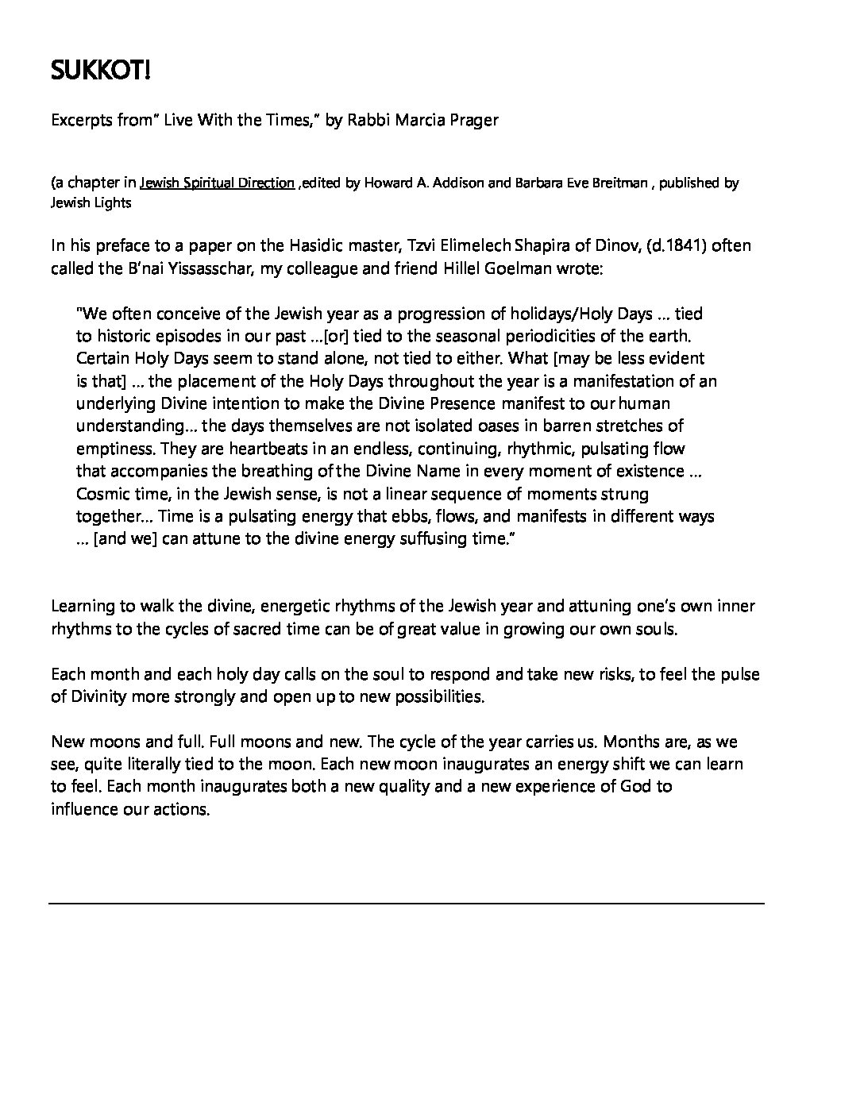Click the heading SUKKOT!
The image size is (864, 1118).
(100, 72)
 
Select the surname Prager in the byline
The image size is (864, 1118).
(471, 120)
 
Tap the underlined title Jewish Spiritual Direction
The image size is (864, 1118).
(217, 183)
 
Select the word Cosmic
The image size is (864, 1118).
(102, 494)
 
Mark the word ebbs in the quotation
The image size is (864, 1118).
(453, 516)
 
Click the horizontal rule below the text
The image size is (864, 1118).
(407, 904)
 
